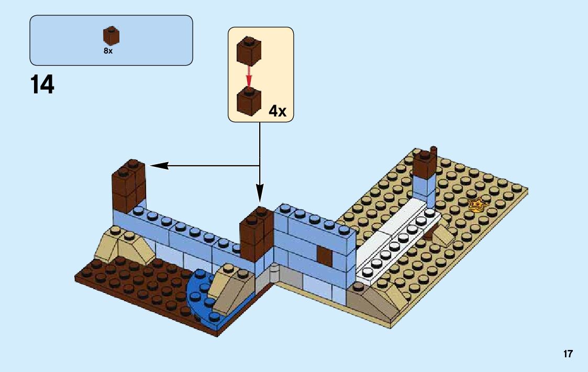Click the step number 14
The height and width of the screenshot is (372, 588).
(x=42, y=84)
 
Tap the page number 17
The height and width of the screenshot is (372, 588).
(x=568, y=354)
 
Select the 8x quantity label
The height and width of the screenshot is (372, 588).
(x=108, y=51)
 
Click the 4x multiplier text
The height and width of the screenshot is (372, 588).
(x=277, y=111)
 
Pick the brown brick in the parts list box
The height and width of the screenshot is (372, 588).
(x=110, y=36)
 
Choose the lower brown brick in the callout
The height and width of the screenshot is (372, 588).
(x=249, y=101)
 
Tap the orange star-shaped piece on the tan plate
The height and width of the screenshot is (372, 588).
(x=477, y=205)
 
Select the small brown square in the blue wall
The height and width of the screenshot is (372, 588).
(x=325, y=256)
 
